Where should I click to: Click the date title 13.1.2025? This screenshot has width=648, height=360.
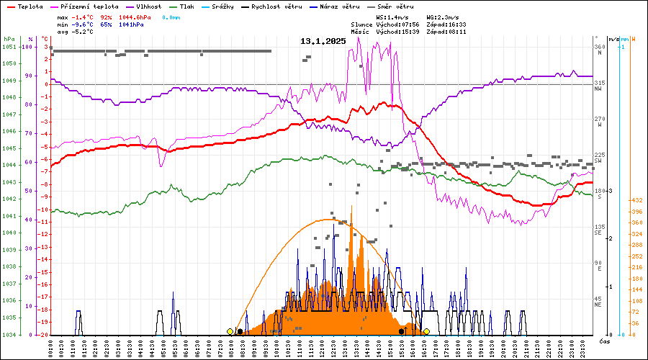(x=323, y=41)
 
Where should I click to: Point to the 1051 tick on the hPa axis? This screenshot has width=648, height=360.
(x=9, y=47)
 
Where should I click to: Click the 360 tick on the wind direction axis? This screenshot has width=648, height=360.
(x=599, y=47)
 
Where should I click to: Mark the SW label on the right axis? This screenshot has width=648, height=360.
(x=598, y=161)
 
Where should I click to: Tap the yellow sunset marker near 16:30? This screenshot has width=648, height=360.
(x=426, y=331)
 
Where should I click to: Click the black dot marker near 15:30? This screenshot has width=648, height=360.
(x=401, y=331)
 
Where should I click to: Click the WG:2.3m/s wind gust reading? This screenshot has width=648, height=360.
(x=443, y=16)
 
